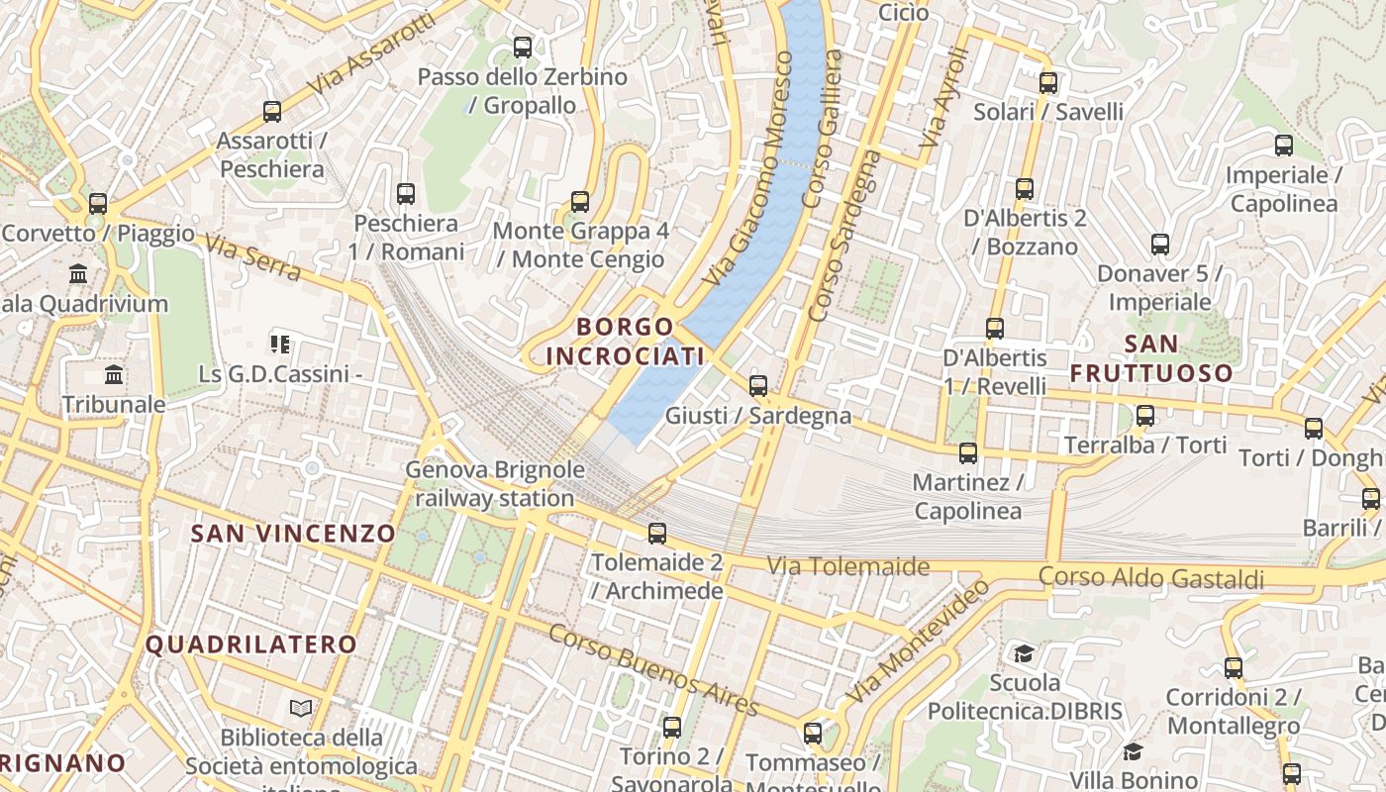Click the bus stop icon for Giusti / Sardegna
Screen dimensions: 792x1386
(x=758, y=386)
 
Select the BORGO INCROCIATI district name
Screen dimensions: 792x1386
(x=625, y=341)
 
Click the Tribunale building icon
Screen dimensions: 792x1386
(x=114, y=375)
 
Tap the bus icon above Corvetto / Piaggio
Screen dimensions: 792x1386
(x=97, y=204)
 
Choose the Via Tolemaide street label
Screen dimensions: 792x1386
(x=848, y=566)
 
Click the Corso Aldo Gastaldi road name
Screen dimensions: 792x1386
(x=1151, y=578)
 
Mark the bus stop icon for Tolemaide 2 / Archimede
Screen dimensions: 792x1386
(x=656, y=534)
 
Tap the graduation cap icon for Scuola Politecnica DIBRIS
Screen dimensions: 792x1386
(x=1024, y=653)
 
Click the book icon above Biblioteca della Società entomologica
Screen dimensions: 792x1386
(x=301, y=708)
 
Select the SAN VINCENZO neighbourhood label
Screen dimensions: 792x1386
(x=293, y=534)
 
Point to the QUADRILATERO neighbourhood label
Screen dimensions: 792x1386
(x=251, y=644)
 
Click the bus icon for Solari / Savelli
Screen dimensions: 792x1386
(x=1048, y=83)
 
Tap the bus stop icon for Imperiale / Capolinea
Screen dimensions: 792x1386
(x=1284, y=146)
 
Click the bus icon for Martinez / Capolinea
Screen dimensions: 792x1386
(x=968, y=453)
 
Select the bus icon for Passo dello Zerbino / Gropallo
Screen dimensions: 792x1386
(x=523, y=47)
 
